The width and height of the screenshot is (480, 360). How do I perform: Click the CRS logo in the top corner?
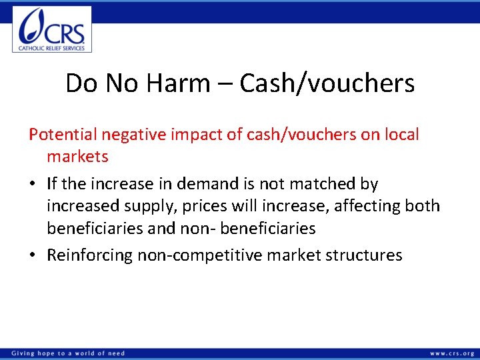click(x=52, y=29)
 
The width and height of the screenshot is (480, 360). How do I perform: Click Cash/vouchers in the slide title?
click(x=327, y=83)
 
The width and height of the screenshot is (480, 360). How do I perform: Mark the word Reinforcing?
click(x=89, y=255)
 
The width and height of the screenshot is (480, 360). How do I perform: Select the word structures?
click(x=365, y=255)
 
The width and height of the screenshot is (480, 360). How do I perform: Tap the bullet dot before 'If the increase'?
click(x=33, y=184)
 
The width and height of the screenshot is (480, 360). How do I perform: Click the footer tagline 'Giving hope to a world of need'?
click(x=67, y=353)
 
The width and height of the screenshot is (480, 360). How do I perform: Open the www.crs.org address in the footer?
click(x=451, y=353)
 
